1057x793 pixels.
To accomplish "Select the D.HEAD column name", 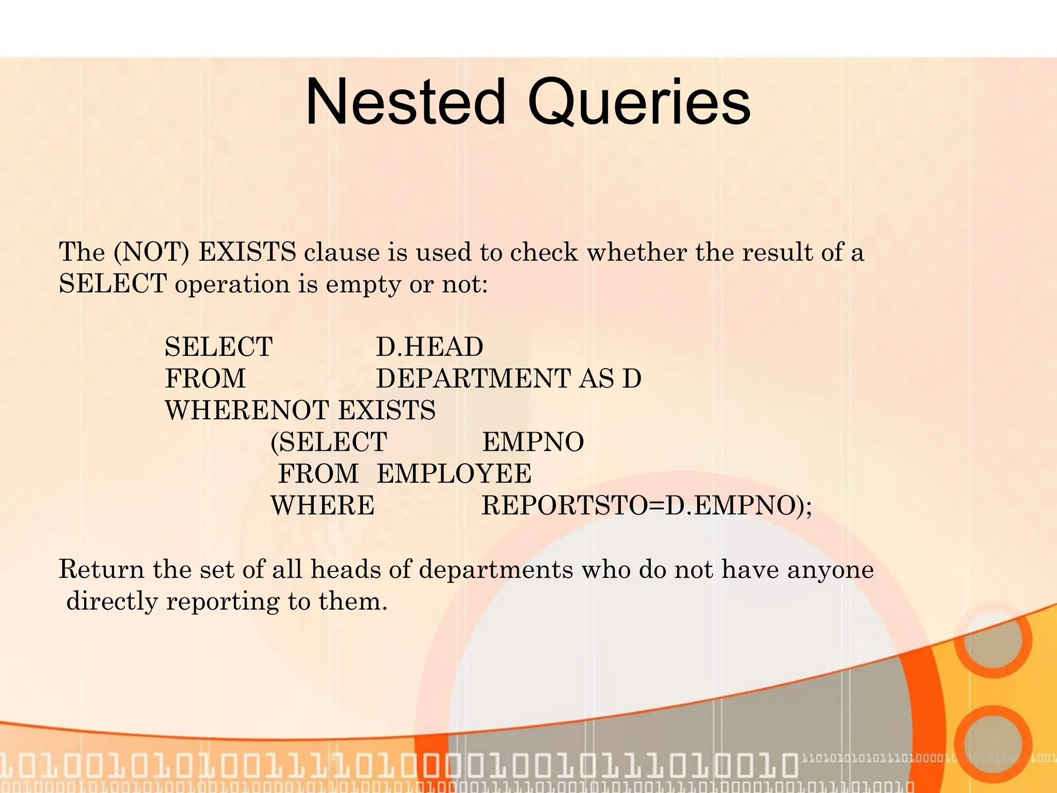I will [429, 347].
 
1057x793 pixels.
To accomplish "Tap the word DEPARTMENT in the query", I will [473, 378].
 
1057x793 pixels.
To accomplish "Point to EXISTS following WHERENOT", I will [387, 410].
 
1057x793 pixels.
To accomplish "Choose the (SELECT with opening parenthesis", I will [329, 442].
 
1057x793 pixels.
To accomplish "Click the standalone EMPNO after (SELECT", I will [533, 442].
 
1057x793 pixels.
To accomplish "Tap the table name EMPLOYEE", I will [454, 474].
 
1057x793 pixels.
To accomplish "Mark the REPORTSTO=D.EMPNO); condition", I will [647, 506].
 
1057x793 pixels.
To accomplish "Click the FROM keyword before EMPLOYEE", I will [318, 474].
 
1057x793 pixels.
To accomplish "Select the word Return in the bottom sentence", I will [101, 569].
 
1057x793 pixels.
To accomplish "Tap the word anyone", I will [830, 569].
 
